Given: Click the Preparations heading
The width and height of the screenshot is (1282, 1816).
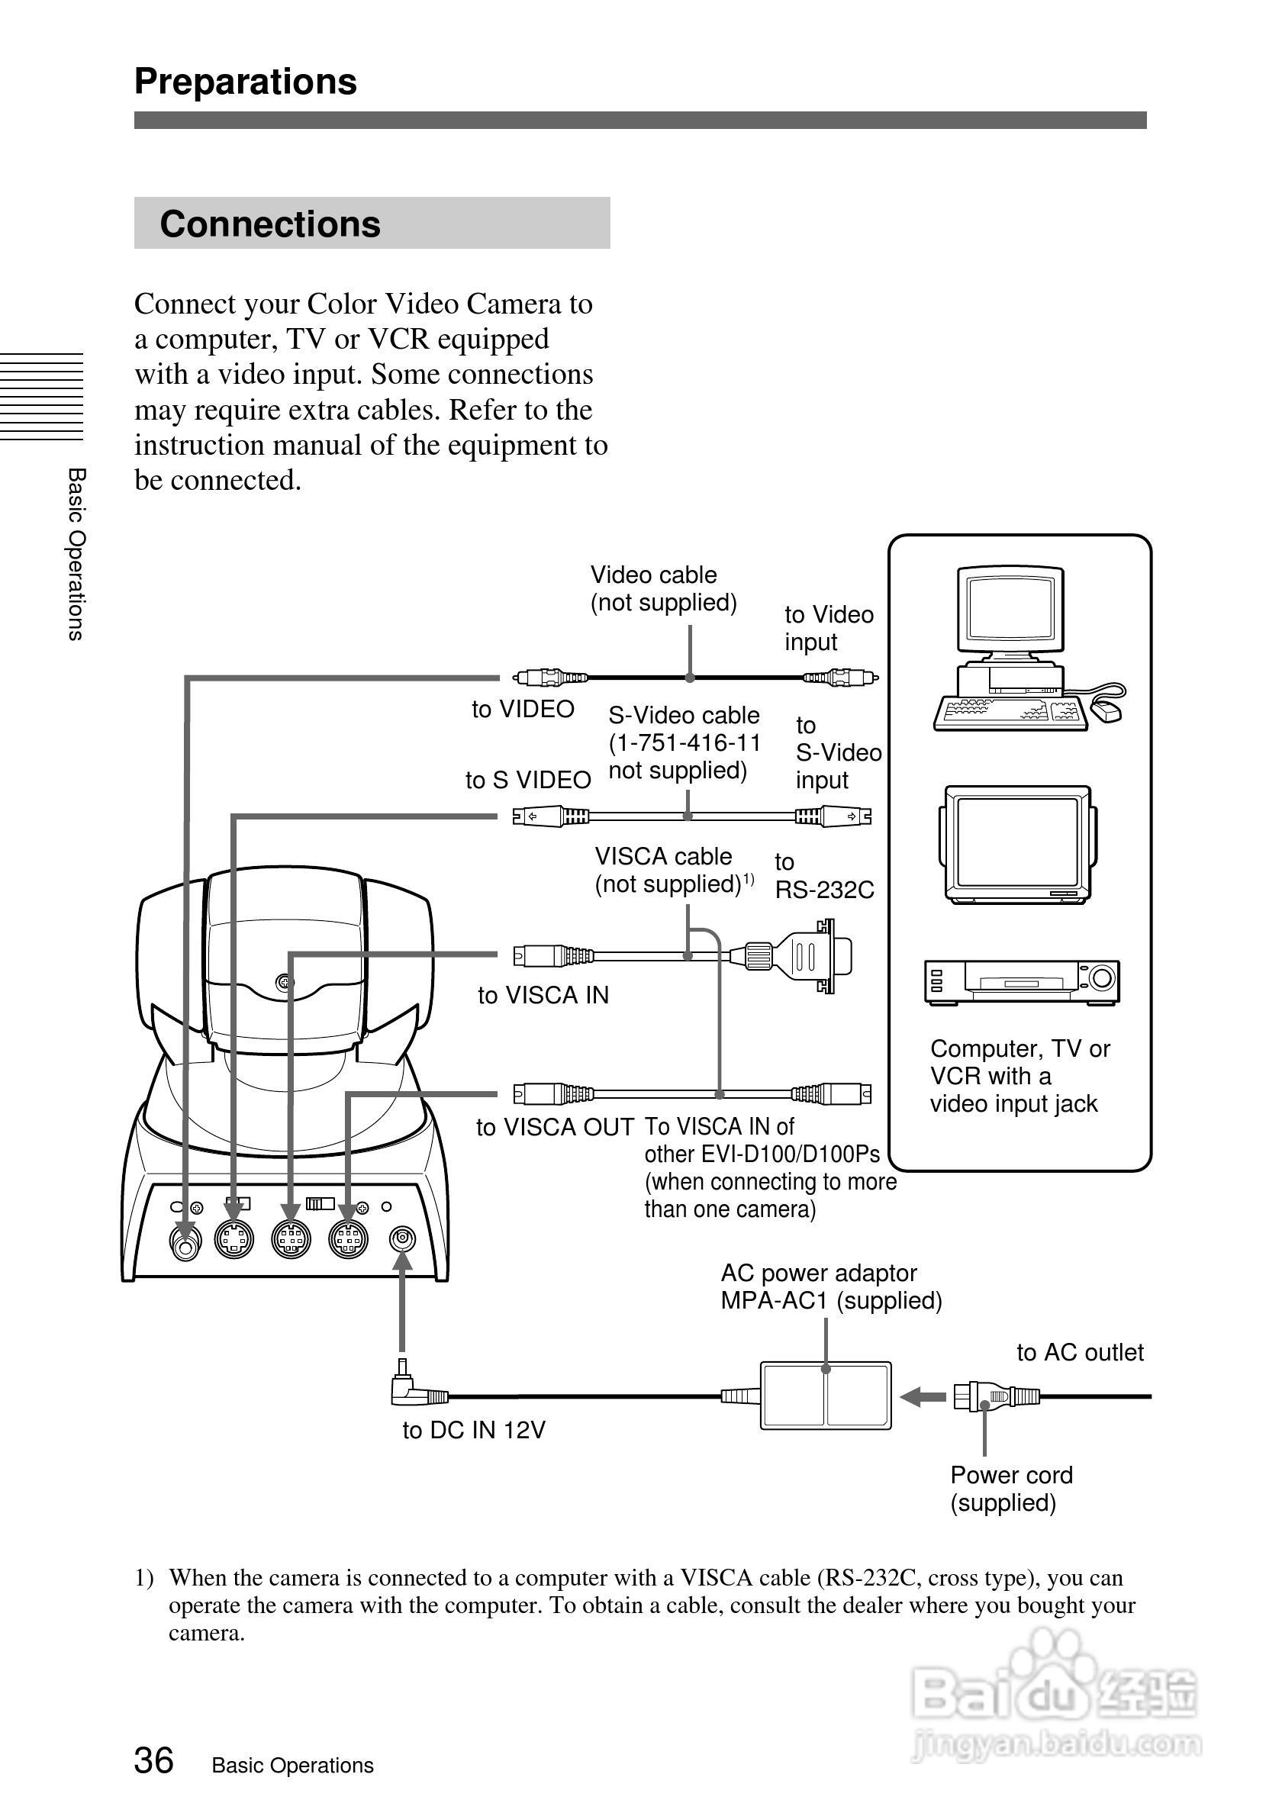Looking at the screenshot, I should [245, 82].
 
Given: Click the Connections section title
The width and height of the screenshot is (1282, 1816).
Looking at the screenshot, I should [269, 224].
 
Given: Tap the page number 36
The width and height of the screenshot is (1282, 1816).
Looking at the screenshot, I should [153, 1760].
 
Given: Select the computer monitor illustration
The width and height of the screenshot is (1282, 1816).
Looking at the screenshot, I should [1010, 613].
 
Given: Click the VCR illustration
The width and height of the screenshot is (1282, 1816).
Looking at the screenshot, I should [1021, 981].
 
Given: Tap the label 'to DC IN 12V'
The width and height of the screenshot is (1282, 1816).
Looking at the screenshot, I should [473, 1430].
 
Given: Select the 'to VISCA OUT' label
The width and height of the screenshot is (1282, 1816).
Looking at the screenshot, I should [555, 1127].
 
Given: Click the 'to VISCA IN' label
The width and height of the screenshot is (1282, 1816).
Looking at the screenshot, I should [543, 995].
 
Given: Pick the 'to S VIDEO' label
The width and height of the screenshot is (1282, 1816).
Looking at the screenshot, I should [527, 780].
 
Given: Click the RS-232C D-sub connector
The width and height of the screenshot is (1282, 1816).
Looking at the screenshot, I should [814, 955].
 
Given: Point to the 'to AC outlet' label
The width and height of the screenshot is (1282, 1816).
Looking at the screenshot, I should [1080, 1353].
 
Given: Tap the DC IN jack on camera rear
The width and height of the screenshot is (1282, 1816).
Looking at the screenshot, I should [404, 1238].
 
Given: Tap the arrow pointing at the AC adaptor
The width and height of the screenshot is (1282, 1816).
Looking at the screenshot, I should [922, 1397].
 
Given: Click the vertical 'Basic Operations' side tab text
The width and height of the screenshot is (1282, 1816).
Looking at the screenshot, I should [76, 554].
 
